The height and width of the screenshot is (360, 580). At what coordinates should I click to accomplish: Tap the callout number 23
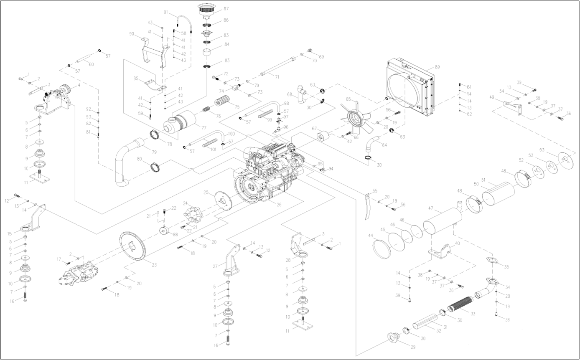[x=154, y=265]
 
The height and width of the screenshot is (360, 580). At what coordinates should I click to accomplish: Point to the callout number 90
[x=132, y=34]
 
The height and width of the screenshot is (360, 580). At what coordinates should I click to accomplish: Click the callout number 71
[x=276, y=76]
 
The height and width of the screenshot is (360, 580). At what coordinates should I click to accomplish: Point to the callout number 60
[x=91, y=64]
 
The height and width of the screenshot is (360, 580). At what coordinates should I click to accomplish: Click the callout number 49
[x=492, y=97]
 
